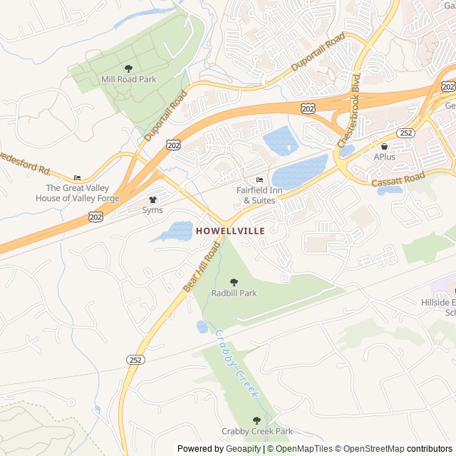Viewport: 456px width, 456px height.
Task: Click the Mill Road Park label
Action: click(128, 79)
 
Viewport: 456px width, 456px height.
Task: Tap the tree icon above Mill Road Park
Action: click(128, 68)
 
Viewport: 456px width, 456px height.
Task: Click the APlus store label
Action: click(384, 157)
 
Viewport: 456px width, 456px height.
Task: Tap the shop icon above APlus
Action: click(384, 146)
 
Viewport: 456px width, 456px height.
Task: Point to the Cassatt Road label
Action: click(398, 180)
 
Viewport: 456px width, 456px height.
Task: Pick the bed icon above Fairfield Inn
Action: click(260, 180)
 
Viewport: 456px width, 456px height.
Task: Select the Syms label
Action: click(152, 210)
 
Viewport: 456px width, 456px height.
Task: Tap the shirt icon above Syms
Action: click(152, 199)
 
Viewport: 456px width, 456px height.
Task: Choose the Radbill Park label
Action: click(234, 293)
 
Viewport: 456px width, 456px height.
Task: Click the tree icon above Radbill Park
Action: click(234, 282)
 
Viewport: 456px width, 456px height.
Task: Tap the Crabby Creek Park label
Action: click(257, 431)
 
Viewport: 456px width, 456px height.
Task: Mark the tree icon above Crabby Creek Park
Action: click(257, 420)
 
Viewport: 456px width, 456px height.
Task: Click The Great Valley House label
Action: click(77, 193)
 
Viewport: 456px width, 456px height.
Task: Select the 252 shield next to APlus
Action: click(406, 133)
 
